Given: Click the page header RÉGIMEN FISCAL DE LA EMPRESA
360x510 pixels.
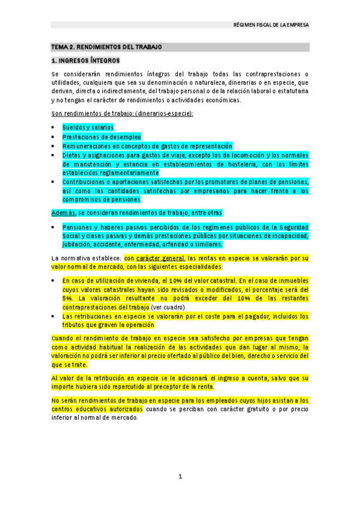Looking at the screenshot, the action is click(x=270, y=25).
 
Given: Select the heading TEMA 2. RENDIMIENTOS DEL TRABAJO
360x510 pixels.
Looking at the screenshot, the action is click(x=106, y=46).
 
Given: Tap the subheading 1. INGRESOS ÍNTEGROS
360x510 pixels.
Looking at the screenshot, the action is click(x=85, y=61).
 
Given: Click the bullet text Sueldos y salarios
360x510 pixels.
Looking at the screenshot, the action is click(x=88, y=127).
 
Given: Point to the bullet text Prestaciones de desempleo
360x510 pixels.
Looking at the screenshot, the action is click(x=99, y=137).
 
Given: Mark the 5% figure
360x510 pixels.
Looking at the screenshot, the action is click(x=67, y=298).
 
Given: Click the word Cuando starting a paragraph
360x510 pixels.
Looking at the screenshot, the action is click(x=63, y=339).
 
